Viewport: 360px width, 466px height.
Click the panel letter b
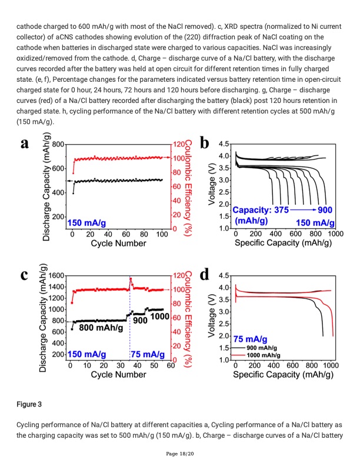pos(205,144)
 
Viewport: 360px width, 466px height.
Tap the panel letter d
pos(205,275)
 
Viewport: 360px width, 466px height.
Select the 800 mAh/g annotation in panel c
pos(101,328)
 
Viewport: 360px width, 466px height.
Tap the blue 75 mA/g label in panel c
pos(147,354)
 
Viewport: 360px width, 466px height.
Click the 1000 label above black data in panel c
pos(159,317)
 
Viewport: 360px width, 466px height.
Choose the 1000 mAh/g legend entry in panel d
pos(263,355)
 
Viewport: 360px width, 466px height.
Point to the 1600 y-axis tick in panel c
pos(55,275)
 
